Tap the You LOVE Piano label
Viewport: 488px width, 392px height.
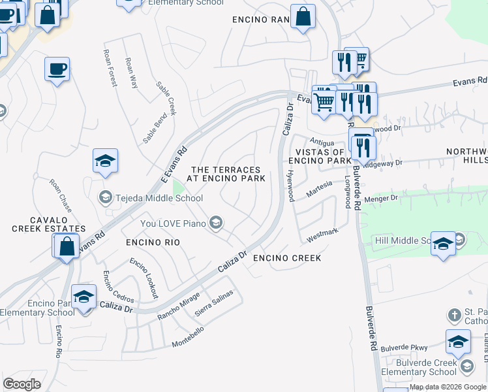point(173,224)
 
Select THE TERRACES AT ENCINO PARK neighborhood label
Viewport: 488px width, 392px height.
point(226,174)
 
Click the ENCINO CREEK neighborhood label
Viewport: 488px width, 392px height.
point(287,258)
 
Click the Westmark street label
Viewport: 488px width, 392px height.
point(322,232)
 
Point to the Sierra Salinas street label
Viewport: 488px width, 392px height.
point(214,304)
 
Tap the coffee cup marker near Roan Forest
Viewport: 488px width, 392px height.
point(57,69)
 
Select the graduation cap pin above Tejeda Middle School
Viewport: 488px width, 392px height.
point(105,161)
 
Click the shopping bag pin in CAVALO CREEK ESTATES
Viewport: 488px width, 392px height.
point(66,246)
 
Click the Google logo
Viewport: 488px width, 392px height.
point(22,384)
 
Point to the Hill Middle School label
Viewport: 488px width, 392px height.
point(404,241)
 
